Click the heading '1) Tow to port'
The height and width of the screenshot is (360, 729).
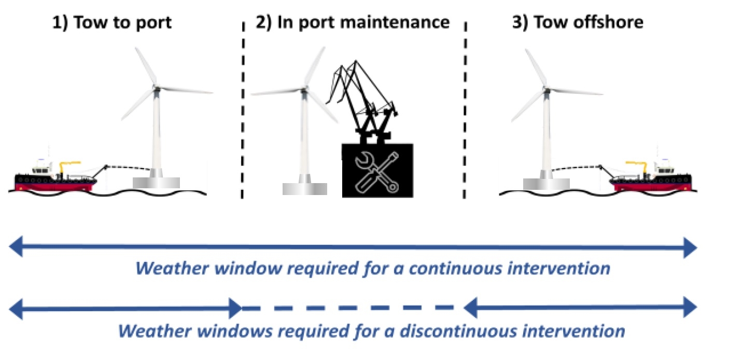(112, 23)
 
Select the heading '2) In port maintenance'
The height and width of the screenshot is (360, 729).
(353, 23)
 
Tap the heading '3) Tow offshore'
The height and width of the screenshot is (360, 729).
(578, 22)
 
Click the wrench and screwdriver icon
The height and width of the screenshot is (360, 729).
(377, 172)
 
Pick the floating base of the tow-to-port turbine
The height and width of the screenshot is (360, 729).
(156, 183)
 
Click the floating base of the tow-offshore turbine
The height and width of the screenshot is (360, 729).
(546, 184)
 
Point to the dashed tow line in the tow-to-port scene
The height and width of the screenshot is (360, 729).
(128, 168)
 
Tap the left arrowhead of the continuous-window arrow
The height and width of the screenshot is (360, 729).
(16, 247)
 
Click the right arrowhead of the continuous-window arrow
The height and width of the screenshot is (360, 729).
(690, 248)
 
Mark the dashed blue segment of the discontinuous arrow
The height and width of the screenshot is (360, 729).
(348, 308)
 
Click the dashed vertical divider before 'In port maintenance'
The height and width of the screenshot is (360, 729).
(243, 110)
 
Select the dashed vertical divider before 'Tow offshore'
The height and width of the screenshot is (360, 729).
(465, 110)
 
